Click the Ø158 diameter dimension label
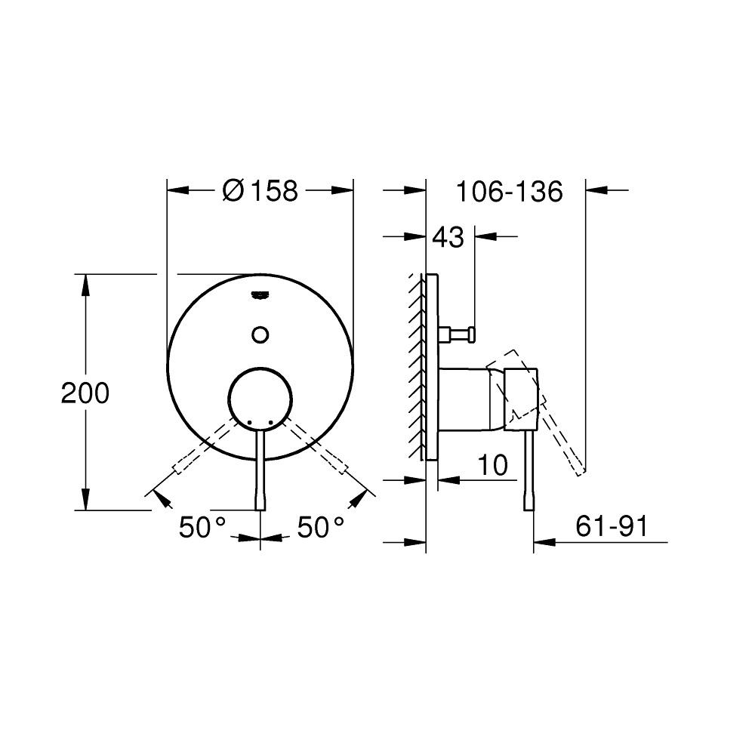[260, 192]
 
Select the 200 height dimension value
[85, 393]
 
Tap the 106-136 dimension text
[509, 192]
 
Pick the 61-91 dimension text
[612, 527]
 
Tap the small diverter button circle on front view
[260, 334]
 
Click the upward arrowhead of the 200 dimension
[85, 285]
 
